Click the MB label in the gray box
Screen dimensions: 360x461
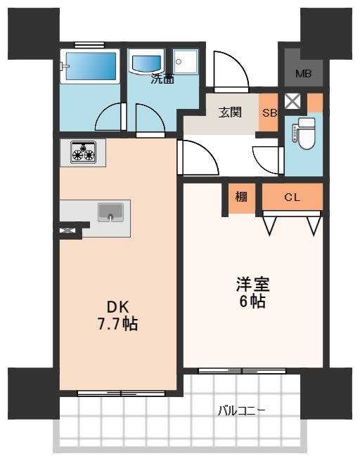pos(304,74)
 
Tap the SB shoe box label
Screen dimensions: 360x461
pos(269,112)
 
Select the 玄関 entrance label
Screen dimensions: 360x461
pos(230,112)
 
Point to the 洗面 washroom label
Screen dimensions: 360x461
pos(162,79)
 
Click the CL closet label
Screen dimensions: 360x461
pos(292,197)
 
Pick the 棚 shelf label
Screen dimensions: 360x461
pos(241,197)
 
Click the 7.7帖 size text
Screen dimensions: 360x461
pos(117,324)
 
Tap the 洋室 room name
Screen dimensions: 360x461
pos(253,285)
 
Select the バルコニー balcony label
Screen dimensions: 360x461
pos(241,410)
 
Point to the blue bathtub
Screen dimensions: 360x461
pos(91,66)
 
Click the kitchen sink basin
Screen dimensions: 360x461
pos(110,212)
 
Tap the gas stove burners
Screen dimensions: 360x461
pos(83,152)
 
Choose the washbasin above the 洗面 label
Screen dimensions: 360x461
pos(146,61)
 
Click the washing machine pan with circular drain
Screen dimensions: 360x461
pos(186,61)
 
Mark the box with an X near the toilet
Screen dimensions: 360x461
pos(292,101)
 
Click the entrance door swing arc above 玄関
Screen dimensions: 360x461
pos(239,65)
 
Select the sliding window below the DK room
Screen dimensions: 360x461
pos(121,394)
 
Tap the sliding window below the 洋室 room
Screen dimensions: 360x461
pos(242,371)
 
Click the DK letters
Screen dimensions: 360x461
pos(117,308)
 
